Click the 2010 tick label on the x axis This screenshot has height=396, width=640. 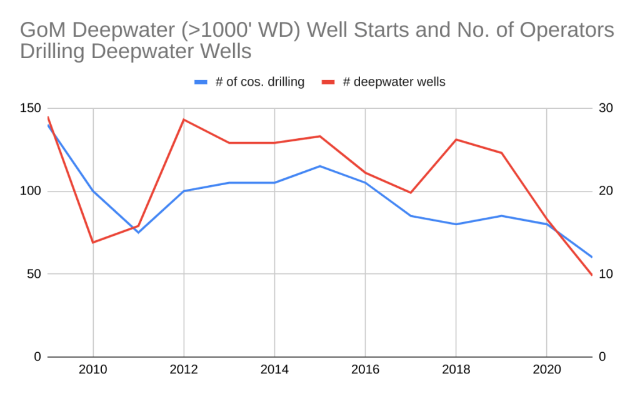pos(93,370)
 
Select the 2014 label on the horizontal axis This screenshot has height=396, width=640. pos(274,370)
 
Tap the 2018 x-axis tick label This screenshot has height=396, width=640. pos(456,370)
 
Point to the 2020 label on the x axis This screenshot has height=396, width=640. pos(547,370)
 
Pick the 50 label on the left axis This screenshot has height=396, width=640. pos(36,274)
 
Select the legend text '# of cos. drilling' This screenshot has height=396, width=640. pos(259,82)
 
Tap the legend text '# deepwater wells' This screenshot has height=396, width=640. pos(394,82)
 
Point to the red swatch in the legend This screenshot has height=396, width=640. pos(328,82)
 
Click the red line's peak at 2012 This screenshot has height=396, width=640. pos(184,119)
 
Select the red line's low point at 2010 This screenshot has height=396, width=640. pos(93,242)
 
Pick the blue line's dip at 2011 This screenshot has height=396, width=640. pos(138,232)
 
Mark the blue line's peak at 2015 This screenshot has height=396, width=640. pos(320,166)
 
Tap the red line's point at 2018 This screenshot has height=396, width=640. pos(456,140)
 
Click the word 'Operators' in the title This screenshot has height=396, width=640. pos(566,30)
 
